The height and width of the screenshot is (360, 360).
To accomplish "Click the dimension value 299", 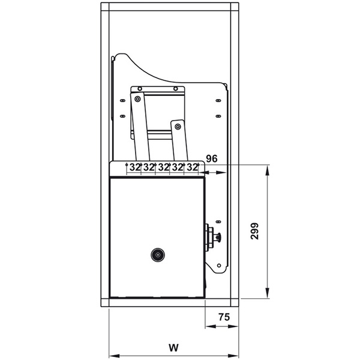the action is pos(254,231).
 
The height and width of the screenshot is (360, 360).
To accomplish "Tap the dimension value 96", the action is pos(211,158).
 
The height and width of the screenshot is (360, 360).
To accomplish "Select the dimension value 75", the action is pos(224,317).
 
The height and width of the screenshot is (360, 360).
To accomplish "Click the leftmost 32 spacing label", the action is pos(135,167).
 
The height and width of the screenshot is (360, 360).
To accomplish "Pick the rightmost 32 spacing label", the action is pos(192,167).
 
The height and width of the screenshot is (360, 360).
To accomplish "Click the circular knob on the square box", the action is pos(158,255).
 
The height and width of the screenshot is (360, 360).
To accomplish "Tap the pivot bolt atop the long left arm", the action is pos(137,99).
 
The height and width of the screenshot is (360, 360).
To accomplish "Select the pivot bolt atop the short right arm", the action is pos(178,127).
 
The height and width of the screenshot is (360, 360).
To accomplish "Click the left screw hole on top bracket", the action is pos(140,89).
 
